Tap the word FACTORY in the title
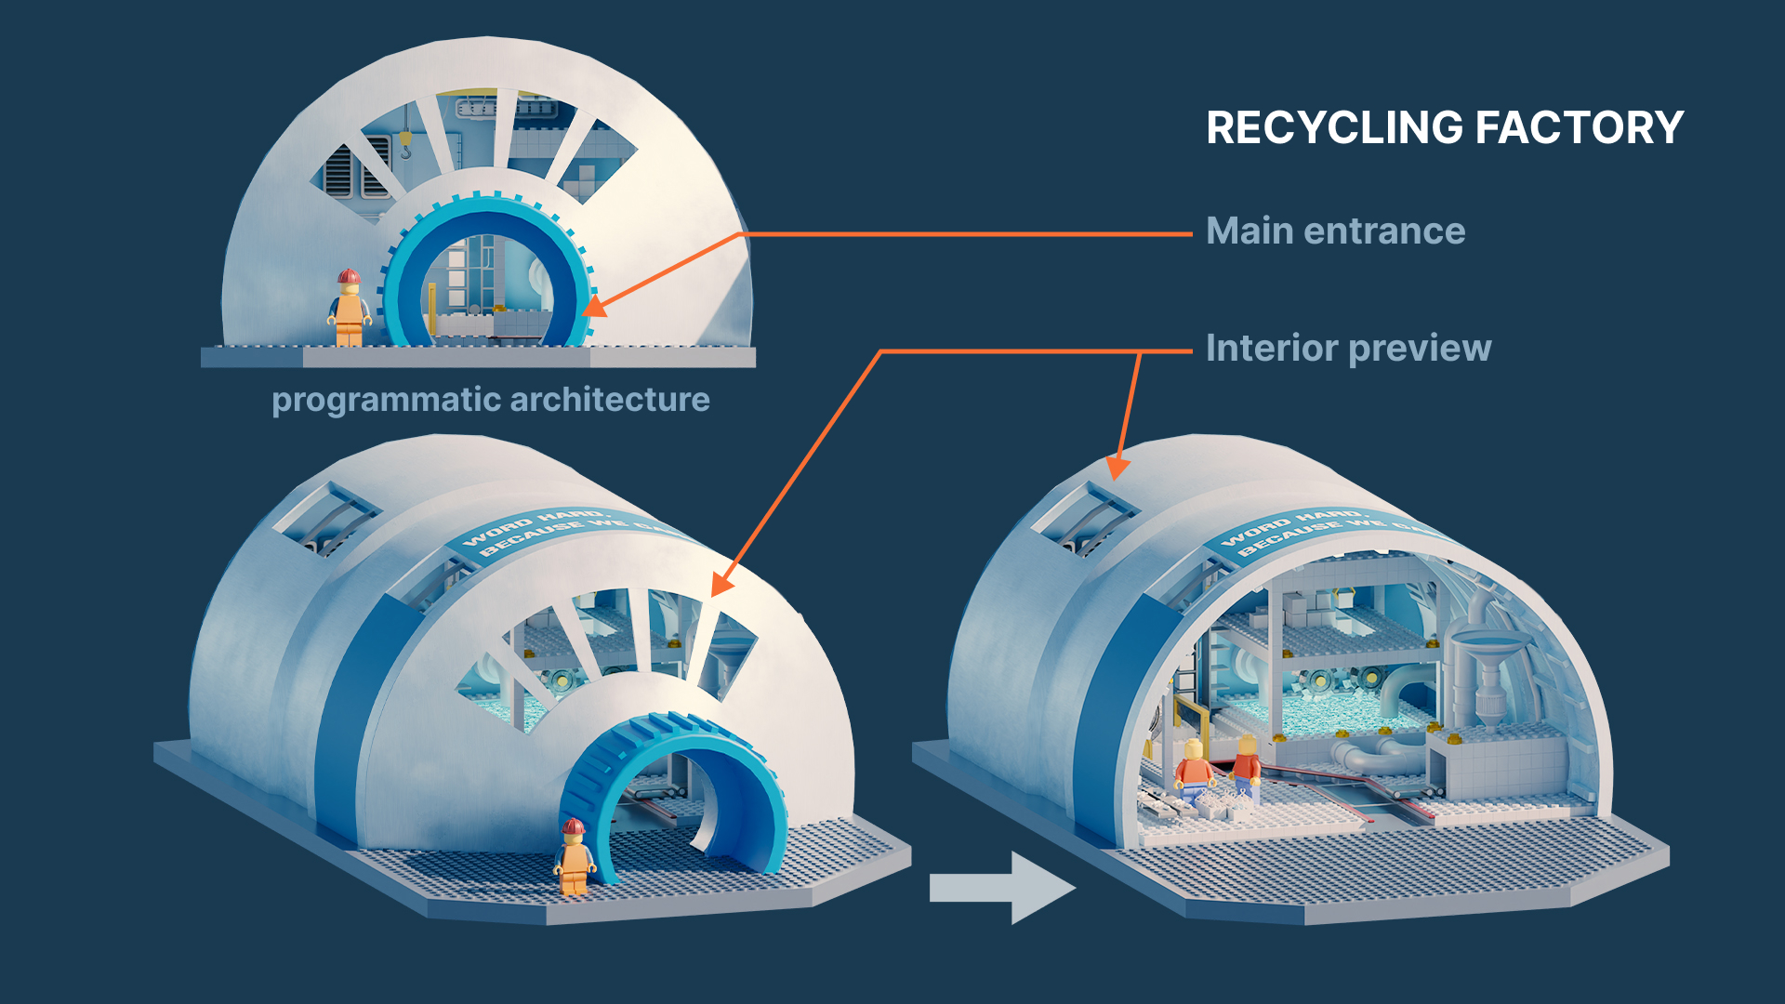[1580, 128]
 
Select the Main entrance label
[1335, 231]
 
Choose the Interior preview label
[1348, 349]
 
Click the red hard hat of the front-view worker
[349, 277]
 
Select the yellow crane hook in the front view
[405, 144]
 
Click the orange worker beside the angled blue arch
[574, 857]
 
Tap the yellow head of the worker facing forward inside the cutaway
[1194, 749]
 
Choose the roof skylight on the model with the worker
[325, 521]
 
